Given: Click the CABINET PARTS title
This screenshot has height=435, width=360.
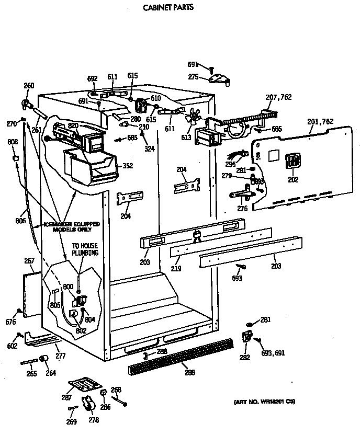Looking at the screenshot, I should pyautogui.click(x=168, y=8).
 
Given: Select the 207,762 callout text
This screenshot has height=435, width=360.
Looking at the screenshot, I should pyautogui.click(x=279, y=97).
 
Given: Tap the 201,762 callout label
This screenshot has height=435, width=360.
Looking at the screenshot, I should pyautogui.click(x=320, y=122).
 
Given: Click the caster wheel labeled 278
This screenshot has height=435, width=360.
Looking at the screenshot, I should pyautogui.click(x=88, y=405).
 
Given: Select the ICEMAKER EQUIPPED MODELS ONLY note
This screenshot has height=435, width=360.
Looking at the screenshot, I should pyautogui.click(x=72, y=226).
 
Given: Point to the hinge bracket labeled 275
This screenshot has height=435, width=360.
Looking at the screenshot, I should pyautogui.click(x=220, y=79).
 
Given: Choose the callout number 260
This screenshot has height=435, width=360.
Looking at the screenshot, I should pyautogui.click(x=29, y=86).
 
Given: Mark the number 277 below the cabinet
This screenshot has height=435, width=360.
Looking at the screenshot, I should pyautogui.click(x=61, y=356).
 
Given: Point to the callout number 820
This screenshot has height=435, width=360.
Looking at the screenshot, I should pyautogui.click(x=73, y=127).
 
